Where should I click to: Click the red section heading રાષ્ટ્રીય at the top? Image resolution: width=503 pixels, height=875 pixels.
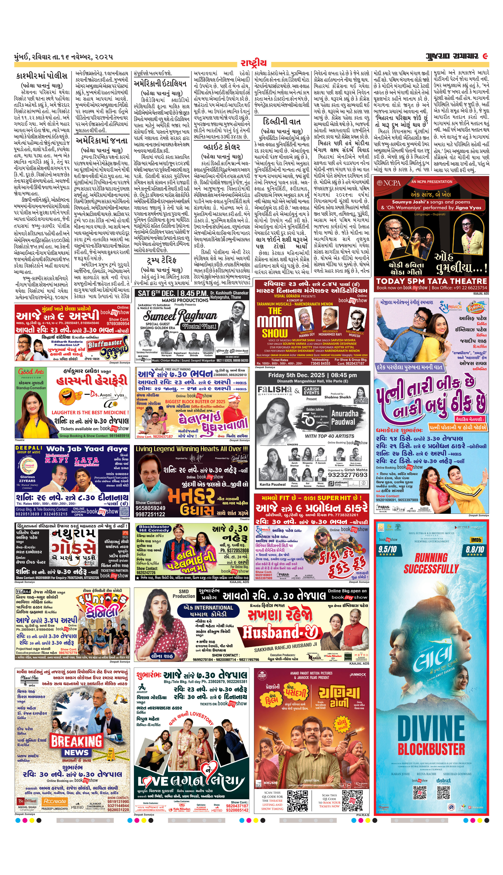254,63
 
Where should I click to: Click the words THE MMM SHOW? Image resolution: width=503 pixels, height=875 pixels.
273,322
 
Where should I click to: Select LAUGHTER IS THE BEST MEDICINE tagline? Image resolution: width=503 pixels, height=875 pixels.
90,412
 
